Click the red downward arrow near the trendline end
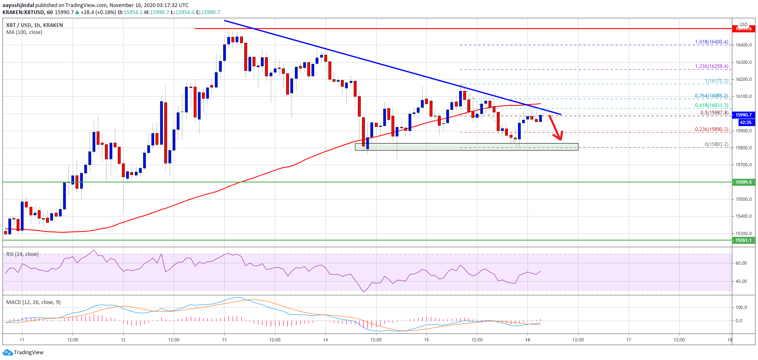[x=556, y=128]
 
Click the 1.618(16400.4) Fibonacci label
[x=711, y=42]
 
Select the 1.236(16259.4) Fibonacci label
[x=711, y=66]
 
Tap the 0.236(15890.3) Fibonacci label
[x=711, y=129]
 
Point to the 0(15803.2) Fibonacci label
[x=716, y=144]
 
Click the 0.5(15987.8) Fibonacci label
[x=714, y=113]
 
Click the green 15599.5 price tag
[x=743, y=182]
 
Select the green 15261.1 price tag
[x=743, y=240]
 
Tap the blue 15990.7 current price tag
[x=743, y=115]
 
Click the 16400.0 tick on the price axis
[x=744, y=45]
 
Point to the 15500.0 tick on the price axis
[x=744, y=199]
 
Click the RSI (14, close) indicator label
[x=22, y=254]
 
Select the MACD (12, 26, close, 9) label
[x=33, y=302]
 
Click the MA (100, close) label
[x=24, y=32]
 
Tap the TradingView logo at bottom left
[x=23, y=353]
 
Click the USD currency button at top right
[x=743, y=24]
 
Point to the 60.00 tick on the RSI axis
[x=741, y=263]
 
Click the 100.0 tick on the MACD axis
[x=741, y=307]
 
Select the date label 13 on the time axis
[x=224, y=340]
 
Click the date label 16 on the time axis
[x=527, y=340]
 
